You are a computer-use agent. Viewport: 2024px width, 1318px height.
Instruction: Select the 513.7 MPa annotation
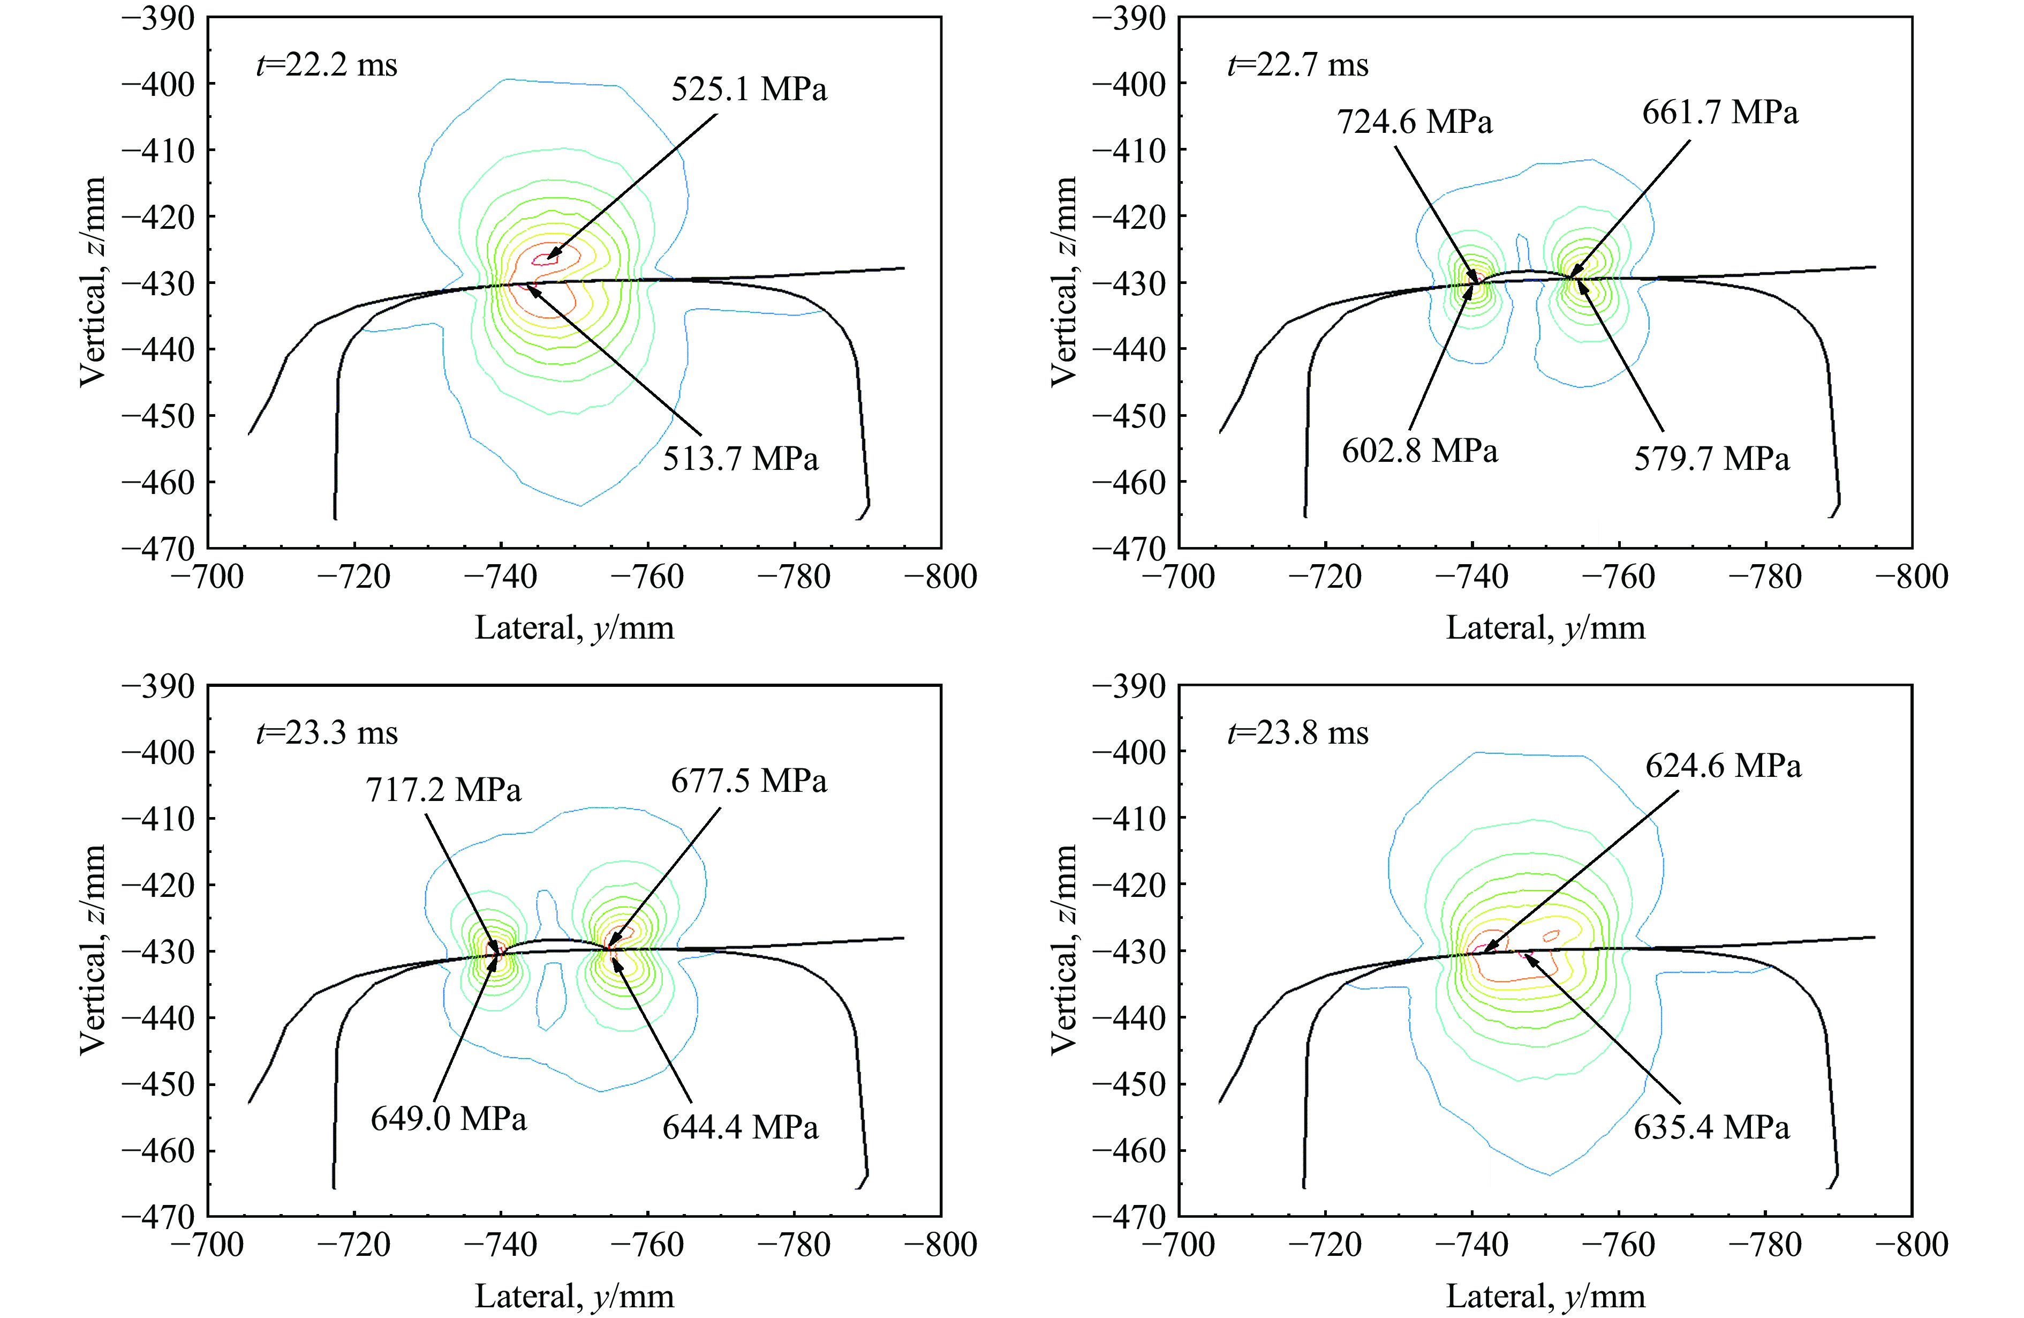pos(740,460)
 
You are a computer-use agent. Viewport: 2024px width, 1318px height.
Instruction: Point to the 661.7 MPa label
pos(1719,113)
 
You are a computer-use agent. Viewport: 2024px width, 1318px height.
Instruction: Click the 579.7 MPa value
pos(1711,460)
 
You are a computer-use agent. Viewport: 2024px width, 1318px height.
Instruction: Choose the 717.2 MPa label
pos(443,790)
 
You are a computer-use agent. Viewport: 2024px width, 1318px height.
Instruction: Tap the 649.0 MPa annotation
pos(448,1119)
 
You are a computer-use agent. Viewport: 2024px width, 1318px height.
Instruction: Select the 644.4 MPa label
pos(740,1127)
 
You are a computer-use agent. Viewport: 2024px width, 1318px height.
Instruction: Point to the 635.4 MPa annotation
pos(1711,1127)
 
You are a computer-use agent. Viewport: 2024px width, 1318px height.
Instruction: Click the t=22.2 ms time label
pos(327,65)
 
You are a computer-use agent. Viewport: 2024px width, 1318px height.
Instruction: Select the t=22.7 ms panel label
pos(1298,65)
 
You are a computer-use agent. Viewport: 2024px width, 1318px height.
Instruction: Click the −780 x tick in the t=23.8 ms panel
pos(1765,1245)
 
